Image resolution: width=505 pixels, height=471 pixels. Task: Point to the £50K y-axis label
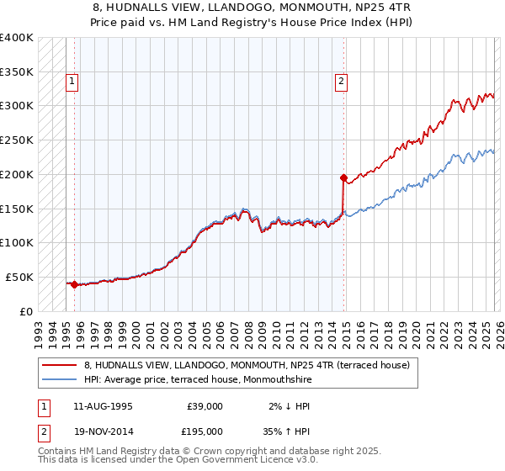19,277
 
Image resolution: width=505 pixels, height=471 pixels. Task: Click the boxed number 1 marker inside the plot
73,82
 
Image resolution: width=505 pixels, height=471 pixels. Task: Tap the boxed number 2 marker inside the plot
341,82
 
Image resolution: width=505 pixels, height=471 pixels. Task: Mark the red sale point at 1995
74,284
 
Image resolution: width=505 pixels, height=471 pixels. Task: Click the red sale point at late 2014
343,177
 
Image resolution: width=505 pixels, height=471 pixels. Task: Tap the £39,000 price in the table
205,406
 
